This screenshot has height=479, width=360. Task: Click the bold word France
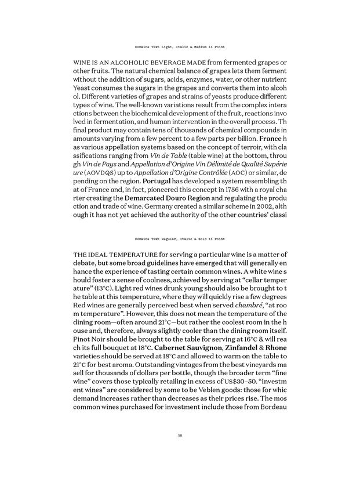pos(270,140)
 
